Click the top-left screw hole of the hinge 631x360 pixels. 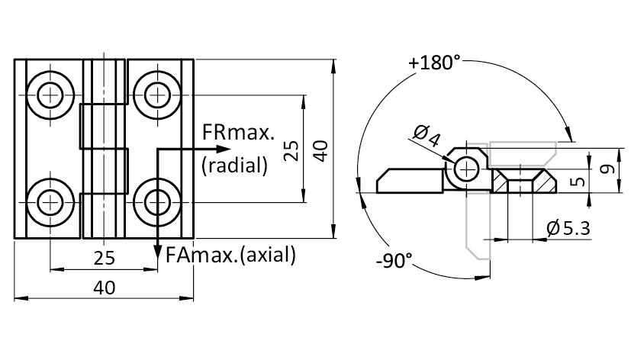pyautogui.click(x=51, y=95)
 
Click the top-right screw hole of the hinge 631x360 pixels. pyautogui.click(x=157, y=95)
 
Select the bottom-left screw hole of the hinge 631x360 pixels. pyautogui.click(x=51, y=202)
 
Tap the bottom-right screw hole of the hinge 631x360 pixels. pyautogui.click(x=157, y=202)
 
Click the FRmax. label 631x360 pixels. pyautogui.click(x=238, y=133)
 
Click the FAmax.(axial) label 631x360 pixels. pyautogui.click(x=230, y=255)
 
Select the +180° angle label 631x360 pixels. pyautogui.click(x=434, y=63)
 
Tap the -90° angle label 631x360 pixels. pyautogui.click(x=394, y=261)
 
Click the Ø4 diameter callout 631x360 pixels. pyautogui.click(x=427, y=137)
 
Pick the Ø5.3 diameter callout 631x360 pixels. pyautogui.click(x=568, y=227)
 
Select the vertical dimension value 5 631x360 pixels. pyautogui.click(x=578, y=182)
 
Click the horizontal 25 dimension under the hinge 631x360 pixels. pyautogui.click(x=105, y=258)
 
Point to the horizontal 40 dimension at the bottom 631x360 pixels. pyautogui.click(x=105, y=288)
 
